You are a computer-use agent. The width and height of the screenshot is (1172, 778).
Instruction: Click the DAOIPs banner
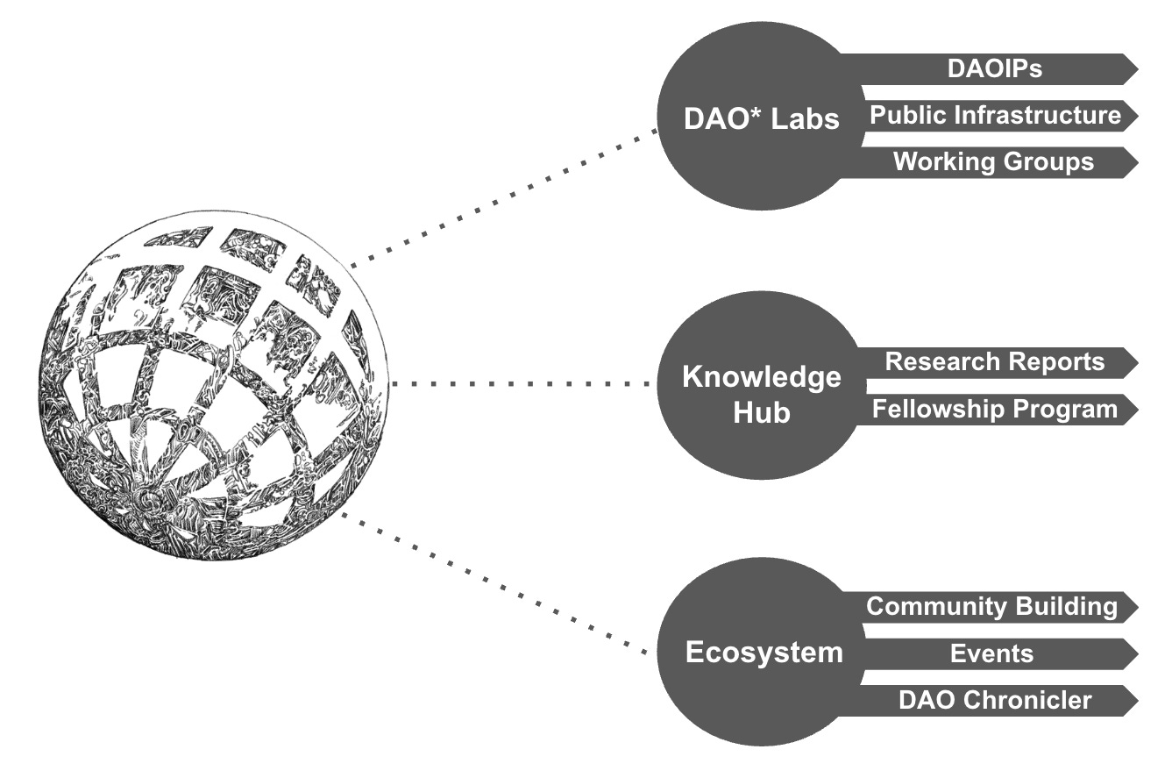[995, 69]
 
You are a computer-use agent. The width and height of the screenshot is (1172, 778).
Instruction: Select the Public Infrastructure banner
[995, 116]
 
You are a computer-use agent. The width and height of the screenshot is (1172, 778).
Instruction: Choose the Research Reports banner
[995, 362]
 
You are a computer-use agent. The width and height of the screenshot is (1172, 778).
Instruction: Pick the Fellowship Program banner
[995, 409]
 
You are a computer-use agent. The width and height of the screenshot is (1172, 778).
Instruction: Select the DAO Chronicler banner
[995, 700]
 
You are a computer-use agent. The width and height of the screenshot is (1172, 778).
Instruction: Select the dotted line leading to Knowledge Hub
[523, 384]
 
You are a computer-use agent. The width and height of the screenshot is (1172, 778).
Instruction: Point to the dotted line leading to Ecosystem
[495, 584]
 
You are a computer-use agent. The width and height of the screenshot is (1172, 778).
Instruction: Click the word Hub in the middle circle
[761, 412]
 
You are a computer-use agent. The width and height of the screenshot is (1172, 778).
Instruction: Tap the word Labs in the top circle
[806, 119]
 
